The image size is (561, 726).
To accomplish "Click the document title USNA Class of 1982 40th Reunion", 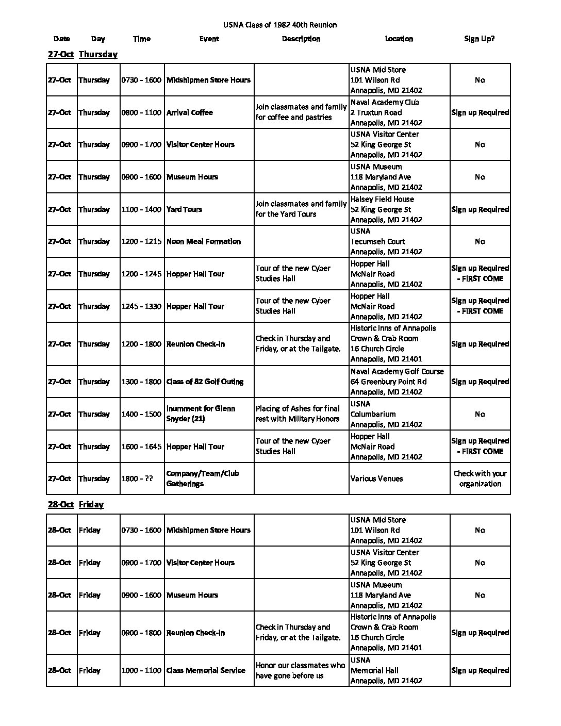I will pos(280,25).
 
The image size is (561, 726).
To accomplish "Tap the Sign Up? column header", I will pos(479,39).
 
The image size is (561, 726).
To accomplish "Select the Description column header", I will pos(301,39).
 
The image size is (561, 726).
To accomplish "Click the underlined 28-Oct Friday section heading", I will pos(76,504).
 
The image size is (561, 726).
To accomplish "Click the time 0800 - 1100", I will pos(141,112).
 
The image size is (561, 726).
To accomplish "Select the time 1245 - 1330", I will pos(141,306).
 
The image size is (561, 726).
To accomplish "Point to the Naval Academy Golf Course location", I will pos(397,382).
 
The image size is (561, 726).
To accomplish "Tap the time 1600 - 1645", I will pos(141,447).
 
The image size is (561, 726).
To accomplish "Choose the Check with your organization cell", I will pos(480,478).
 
